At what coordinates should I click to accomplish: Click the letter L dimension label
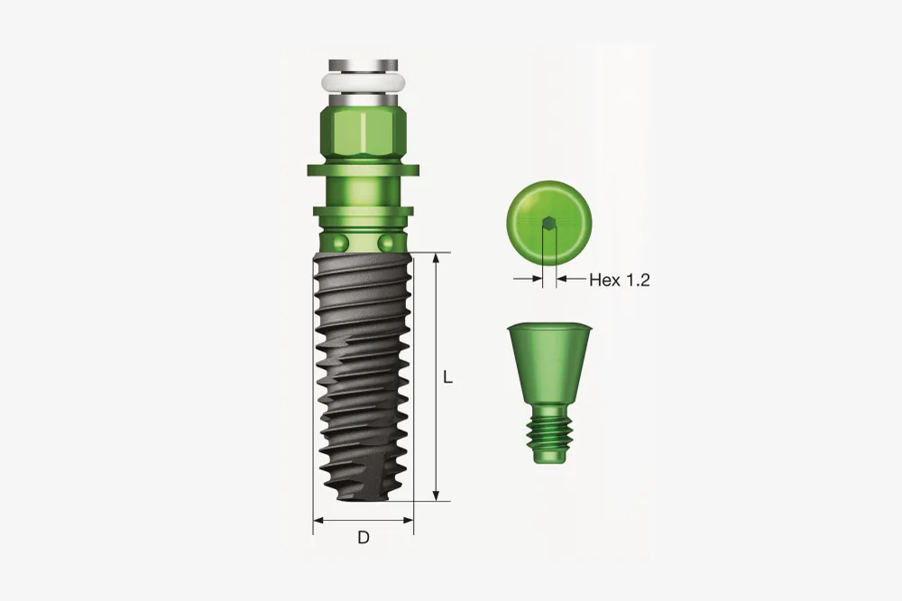[x=448, y=377]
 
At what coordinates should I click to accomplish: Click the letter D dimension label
[x=364, y=538]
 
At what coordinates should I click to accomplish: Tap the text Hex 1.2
[x=620, y=281]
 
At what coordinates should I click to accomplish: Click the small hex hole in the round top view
[x=550, y=222]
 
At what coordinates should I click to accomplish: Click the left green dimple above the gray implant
[x=341, y=243]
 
